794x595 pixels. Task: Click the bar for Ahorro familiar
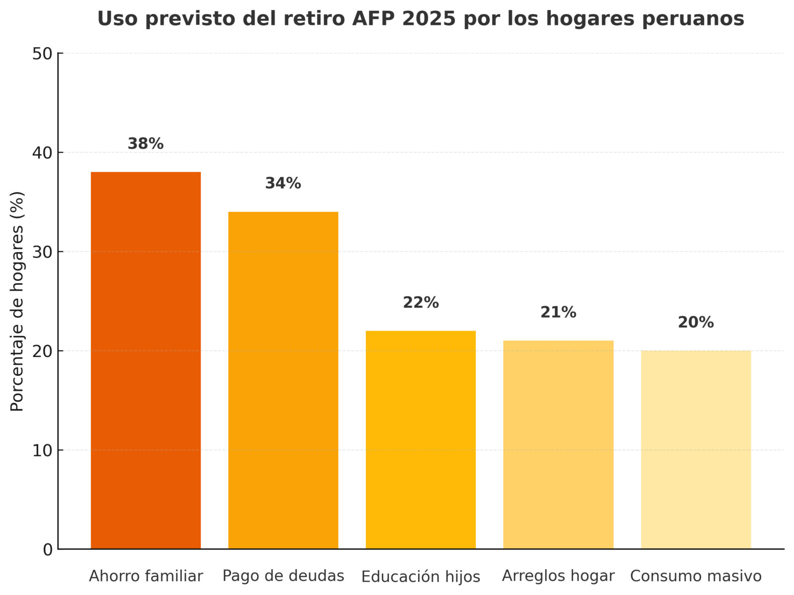[145, 360]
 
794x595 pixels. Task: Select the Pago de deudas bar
[283, 380]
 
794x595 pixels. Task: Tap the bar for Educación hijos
[420, 440]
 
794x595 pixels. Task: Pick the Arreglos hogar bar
[558, 445]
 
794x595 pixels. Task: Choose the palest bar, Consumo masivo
[695, 450]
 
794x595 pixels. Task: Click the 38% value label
[145, 144]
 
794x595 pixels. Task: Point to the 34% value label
[283, 184]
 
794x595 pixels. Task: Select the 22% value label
[420, 303]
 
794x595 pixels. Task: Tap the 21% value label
[558, 313]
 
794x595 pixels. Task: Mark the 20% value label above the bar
[695, 323]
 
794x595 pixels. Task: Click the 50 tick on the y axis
[43, 54]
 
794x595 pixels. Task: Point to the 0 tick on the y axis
[48, 549]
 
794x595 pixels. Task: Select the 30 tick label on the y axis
[43, 252]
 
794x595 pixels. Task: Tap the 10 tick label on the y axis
[43, 451]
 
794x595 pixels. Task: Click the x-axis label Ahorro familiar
[145, 576]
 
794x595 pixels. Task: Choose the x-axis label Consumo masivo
[695, 576]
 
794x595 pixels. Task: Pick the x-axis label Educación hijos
[420, 577]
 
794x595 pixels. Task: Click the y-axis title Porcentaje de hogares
[17, 301]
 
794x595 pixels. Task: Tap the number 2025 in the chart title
[428, 19]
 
